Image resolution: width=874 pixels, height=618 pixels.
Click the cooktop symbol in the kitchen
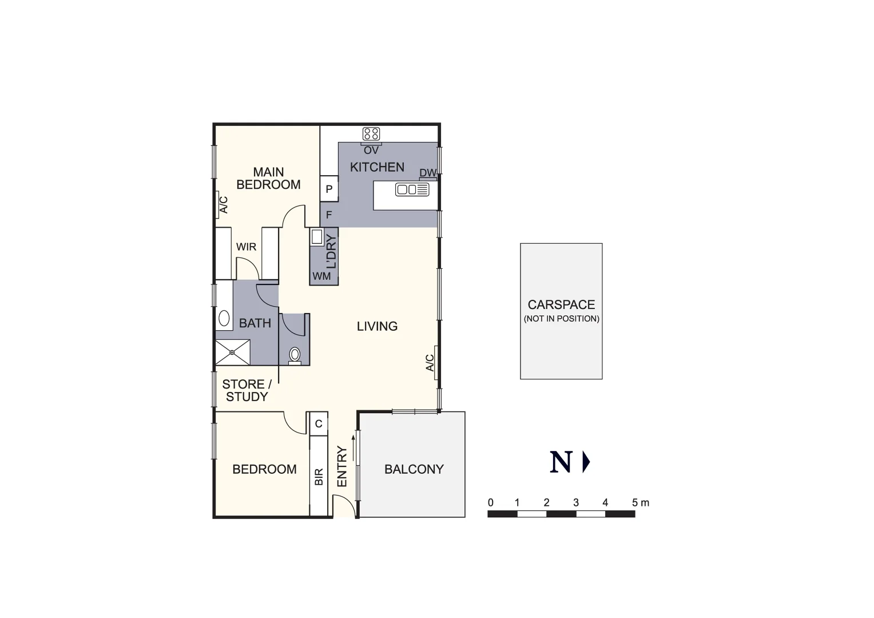[371, 134]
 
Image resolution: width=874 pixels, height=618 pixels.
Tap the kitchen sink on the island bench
[412, 189]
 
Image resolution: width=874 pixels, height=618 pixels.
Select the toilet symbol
[295, 355]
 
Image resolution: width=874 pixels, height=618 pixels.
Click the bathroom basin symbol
[224, 318]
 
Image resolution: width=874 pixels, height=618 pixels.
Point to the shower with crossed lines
[233, 352]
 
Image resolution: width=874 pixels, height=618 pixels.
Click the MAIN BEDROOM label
[268, 179]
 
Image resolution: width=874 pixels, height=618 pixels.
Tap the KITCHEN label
[377, 167]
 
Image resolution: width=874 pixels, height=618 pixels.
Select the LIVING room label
[377, 326]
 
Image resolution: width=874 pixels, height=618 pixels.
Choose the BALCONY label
[414, 469]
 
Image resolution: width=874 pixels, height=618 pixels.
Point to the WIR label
[246, 247]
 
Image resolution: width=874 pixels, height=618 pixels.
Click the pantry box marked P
[329, 189]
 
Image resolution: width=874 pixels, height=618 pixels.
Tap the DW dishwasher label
[427, 173]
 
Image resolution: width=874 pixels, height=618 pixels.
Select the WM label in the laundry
[321, 276]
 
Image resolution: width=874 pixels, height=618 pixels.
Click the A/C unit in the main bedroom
[223, 205]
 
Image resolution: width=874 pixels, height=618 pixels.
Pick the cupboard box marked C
[319, 424]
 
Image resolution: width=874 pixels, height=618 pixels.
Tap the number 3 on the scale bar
[576, 502]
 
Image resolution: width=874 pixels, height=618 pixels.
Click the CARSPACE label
[561, 305]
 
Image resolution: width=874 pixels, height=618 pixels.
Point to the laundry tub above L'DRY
[317, 237]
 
